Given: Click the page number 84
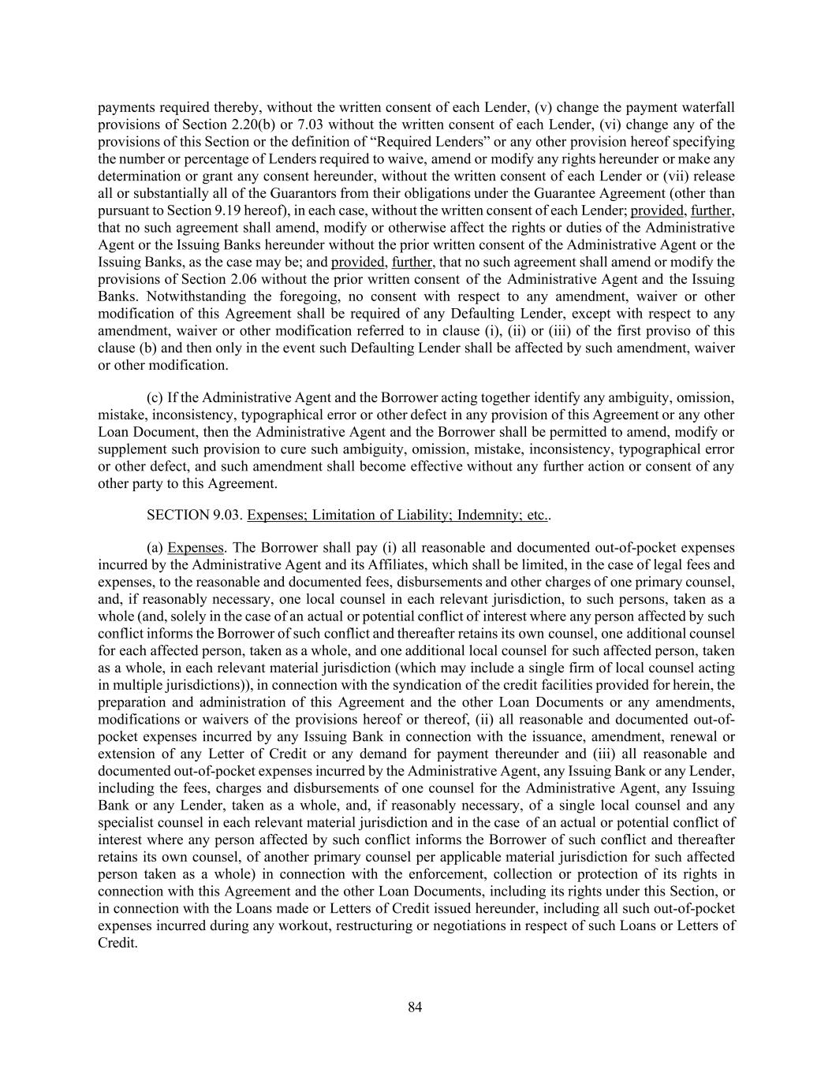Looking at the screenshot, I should (x=416, y=1007).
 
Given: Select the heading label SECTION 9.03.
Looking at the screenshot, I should (x=193, y=516).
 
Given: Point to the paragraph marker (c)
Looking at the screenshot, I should (x=155, y=397).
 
